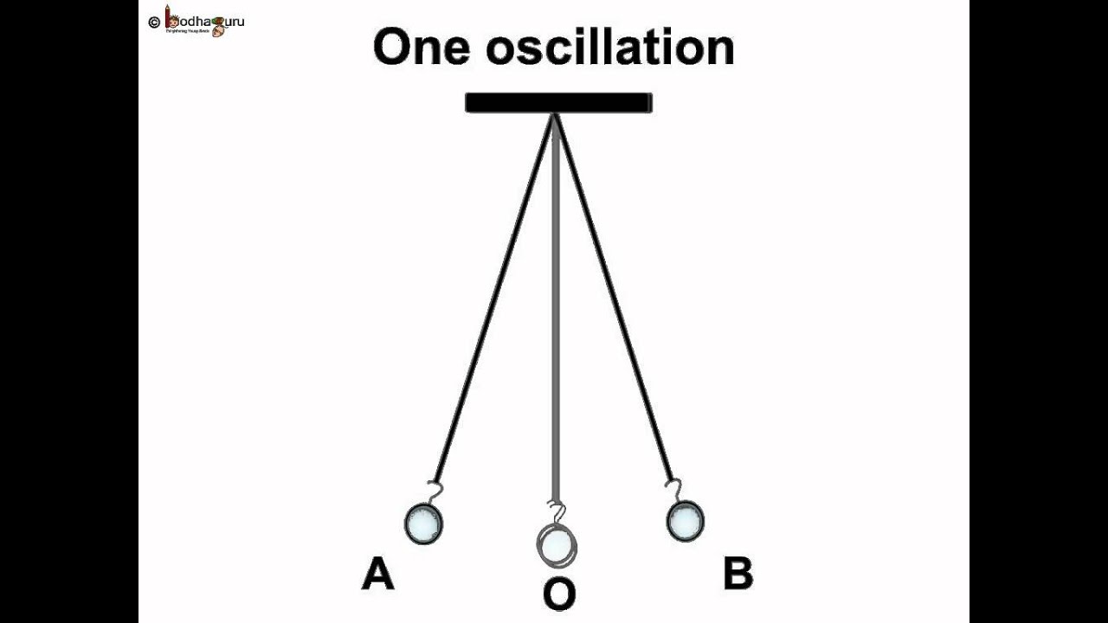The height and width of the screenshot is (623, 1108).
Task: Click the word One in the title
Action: click(422, 48)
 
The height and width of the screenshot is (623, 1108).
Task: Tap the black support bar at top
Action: click(558, 103)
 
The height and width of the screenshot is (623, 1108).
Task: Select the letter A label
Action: click(377, 575)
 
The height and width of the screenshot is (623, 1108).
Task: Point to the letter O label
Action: click(558, 595)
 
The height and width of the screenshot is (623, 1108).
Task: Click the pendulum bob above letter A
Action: click(424, 523)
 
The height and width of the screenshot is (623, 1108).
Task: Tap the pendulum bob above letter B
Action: click(685, 521)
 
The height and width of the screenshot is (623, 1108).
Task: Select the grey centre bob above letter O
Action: click(557, 544)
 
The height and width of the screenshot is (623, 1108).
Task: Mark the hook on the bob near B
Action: click(673, 490)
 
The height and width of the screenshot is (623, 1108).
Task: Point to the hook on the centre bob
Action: click(557, 512)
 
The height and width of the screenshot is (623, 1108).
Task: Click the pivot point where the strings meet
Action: click(555, 117)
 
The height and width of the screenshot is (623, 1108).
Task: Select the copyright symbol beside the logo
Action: click(154, 22)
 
